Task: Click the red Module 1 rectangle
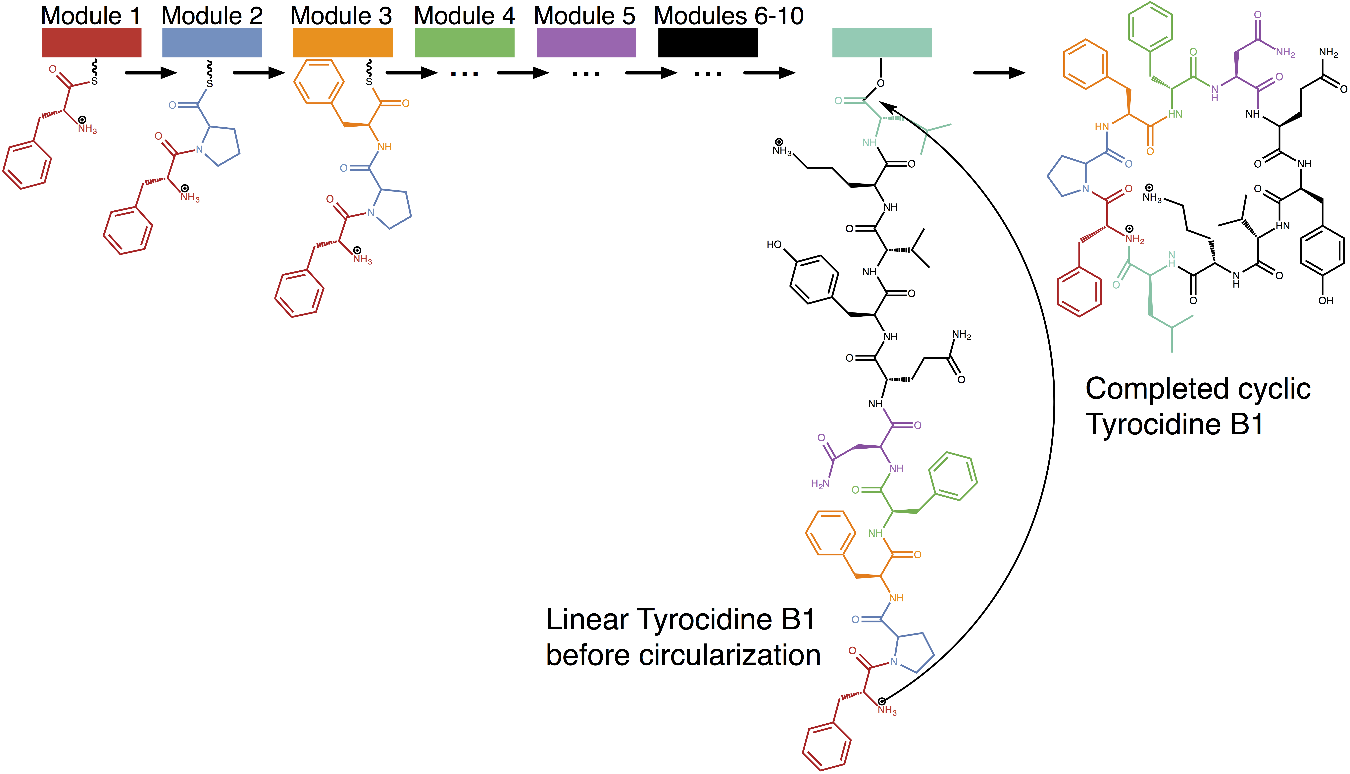click(91, 42)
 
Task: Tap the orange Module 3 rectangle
click(343, 42)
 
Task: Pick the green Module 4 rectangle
click(464, 42)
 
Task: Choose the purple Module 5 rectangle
click(586, 42)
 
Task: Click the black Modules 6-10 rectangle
click(708, 42)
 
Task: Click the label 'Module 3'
click(341, 16)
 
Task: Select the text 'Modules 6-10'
click(728, 16)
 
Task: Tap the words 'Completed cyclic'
click(1198, 389)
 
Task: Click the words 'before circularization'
click(683, 655)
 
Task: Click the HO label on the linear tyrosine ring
click(774, 245)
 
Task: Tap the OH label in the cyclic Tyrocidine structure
click(1325, 301)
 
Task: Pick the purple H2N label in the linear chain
click(820, 484)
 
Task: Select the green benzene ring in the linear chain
click(953, 476)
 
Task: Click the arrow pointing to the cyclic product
click(999, 73)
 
